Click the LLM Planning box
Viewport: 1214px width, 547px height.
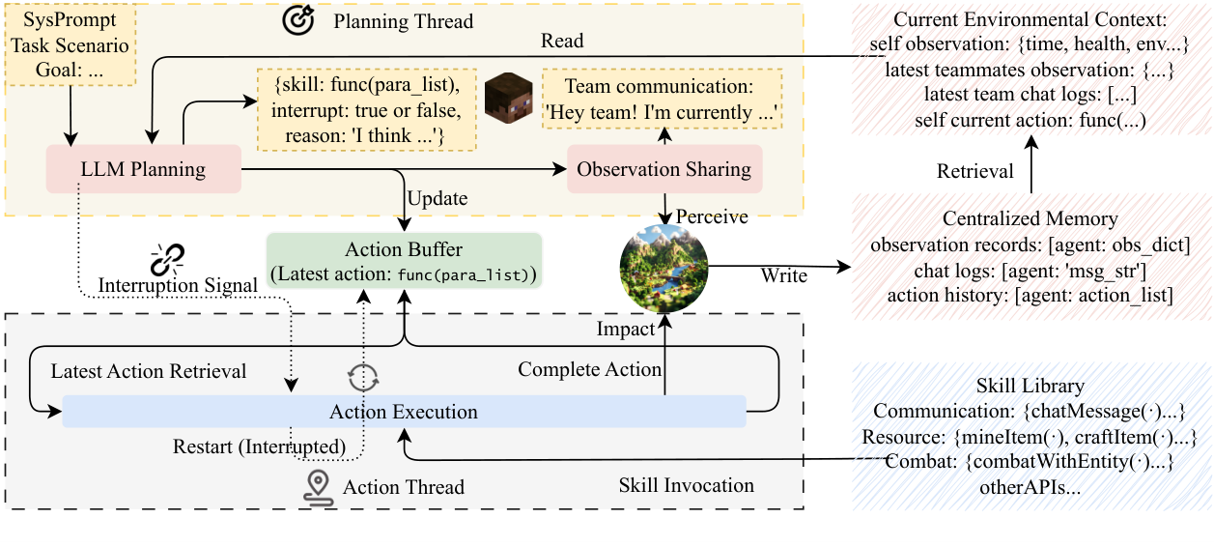[x=144, y=168]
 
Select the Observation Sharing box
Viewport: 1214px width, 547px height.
[x=664, y=168]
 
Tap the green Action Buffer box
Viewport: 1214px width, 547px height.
[x=405, y=261]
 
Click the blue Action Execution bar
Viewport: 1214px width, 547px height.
[x=405, y=412]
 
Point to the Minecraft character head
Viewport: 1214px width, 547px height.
[x=508, y=99]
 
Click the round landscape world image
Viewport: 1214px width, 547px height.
[x=663, y=269]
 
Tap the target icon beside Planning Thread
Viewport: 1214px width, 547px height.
[x=298, y=19]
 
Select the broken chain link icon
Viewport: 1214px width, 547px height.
[x=167, y=260]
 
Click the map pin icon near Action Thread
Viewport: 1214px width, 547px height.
[x=318, y=488]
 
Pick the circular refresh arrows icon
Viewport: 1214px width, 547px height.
[x=363, y=377]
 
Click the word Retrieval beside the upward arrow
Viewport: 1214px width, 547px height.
[x=975, y=171]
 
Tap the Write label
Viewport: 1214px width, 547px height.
[x=783, y=275]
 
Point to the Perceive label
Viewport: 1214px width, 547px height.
[x=712, y=216]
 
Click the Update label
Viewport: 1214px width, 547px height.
[x=438, y=198]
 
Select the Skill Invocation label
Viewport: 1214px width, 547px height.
[x=686, y=485]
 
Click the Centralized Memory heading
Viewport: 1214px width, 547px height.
[x=1030, y=218]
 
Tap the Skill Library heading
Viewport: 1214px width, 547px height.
[x=1030, y=386]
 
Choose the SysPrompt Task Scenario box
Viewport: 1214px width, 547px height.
[x=70, y=45]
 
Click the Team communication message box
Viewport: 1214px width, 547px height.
[x=662, y=99]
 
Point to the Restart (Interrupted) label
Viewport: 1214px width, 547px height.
[x=259, y=446]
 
